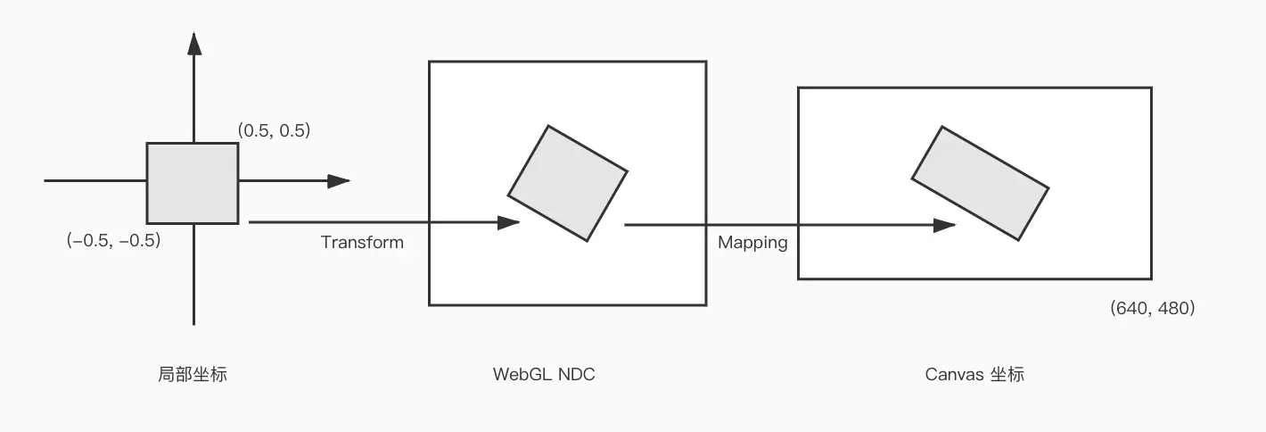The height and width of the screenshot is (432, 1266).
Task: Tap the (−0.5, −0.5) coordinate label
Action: tap(113, 239)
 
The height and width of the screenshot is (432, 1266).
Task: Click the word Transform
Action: tap(362, 242)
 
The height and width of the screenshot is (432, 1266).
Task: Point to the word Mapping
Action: tap(752, 242)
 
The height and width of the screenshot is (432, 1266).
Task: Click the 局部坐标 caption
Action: tap(192, 374)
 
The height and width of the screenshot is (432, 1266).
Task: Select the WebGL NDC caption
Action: tap(544, 374)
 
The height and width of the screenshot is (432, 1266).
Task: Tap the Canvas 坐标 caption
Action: tap(974, 374)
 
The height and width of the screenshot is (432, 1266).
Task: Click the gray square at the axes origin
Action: tap(193, 183)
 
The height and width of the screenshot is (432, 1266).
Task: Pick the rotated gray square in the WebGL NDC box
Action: tap(568, 183)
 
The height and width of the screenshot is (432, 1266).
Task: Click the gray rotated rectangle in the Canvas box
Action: tap(980, 182)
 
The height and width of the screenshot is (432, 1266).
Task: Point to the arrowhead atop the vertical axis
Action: tap(193, 43)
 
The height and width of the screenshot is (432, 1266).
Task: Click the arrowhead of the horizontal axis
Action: tap(338, 181)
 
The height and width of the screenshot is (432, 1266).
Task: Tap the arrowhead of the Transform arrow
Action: tap(508, 222)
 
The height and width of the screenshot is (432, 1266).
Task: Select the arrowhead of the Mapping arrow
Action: tap(944, 225)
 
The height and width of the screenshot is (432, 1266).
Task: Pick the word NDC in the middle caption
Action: tap(576, 374)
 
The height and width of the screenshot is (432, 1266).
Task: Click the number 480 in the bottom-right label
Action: tap(1171, 309)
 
